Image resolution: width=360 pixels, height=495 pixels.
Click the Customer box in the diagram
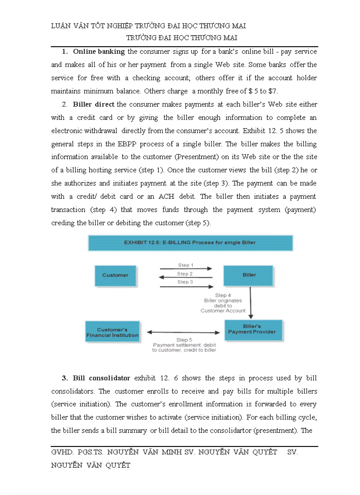pyautogui.click(x=115, y=275)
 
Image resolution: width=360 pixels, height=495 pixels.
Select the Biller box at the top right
pyautogui.click(x=249, y=275)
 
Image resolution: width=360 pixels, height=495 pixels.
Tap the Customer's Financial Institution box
pyautogui.click(x=112, y=332)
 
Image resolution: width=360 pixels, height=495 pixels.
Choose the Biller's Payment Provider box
pyautogui.click(x=251, y=329)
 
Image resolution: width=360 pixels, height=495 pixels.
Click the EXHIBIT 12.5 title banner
pyautogui.click(x=190, y=242)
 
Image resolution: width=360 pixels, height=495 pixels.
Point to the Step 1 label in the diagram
pyautogui.click(x=186, y=265)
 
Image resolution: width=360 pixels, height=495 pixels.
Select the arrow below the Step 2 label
pyautogui.click(x=186, y=278)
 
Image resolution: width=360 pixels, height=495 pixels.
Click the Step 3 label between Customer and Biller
pyautogui.click(x=186, y=282)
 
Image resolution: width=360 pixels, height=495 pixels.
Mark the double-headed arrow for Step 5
pyautogui.click(x=183, y=332)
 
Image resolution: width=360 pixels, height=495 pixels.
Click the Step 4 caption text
pyautogui.click(x=223, y=303)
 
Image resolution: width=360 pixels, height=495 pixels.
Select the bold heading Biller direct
pyautogui.click(x=94, y=104)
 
